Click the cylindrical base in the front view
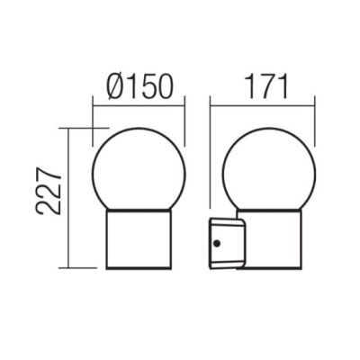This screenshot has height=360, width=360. (139, 239)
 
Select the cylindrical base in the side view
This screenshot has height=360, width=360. (270, 239)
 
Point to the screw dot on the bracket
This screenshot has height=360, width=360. (217, 243)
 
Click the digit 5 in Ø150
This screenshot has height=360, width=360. (146, 88)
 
